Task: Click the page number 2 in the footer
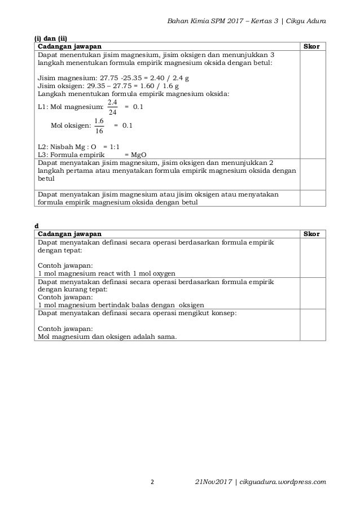pyautogui.click(x=152, y=482)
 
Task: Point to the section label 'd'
pyautogui.click(x=37, y=225)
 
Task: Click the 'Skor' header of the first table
pyautogui.click(x=311, y=46)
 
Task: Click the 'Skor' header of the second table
pyautogui.click(x=311, y=234)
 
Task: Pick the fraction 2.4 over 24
pyautogui.click(x=112, y=106)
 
